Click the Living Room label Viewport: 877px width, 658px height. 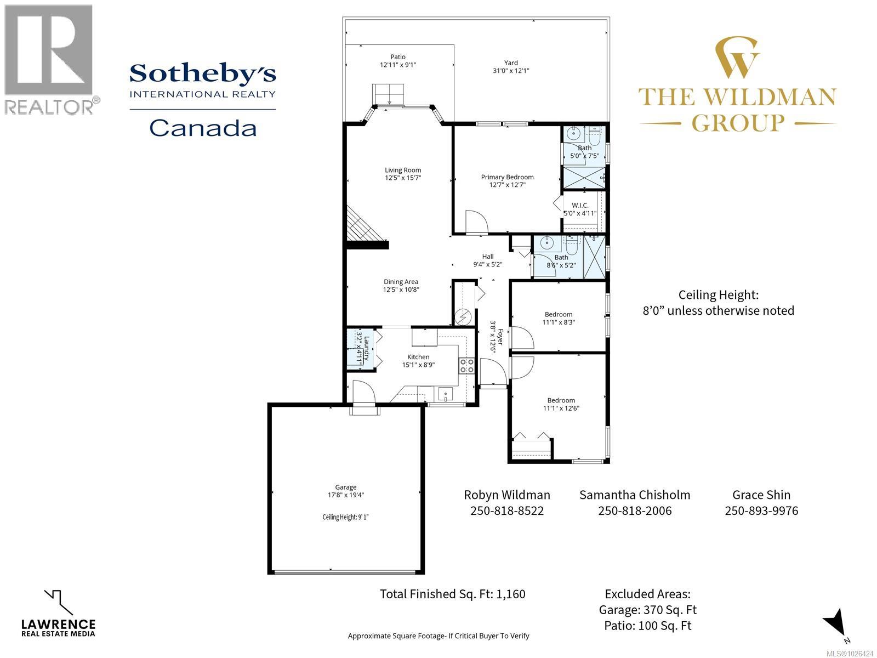(403, 170)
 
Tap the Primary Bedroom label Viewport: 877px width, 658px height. (507, 177)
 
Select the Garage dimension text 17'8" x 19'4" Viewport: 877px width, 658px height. (346, 495)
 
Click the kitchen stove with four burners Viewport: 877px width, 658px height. (466, 366)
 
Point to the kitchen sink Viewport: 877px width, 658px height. (445, 394)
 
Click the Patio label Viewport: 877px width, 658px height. (398, 56)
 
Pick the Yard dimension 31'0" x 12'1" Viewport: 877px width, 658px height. (511, 70)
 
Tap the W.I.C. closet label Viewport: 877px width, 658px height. (580, 205)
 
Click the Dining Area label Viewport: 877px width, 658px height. (401, 281)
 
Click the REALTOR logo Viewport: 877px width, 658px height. (49, 58)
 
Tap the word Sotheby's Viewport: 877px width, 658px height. (203, 73)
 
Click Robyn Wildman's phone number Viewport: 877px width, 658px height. (507, 511)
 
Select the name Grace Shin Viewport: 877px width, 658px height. (761, 495)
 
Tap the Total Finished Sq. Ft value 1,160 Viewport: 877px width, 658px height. (512, 594)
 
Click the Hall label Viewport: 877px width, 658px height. (488, 256)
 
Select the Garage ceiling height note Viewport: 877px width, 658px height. (346, 517)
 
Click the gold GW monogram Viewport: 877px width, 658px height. (738, 57)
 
